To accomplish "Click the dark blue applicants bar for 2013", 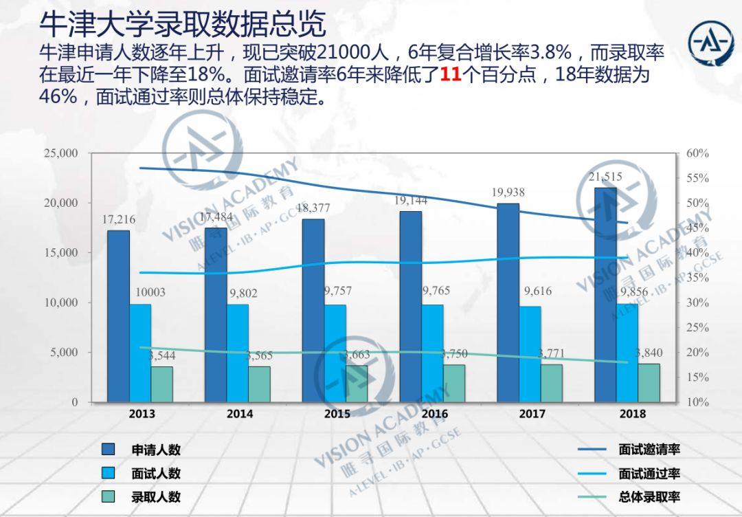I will point(118,316).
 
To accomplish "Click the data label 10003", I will point(150,292).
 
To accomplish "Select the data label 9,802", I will point(243,293).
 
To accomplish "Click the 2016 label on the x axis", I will point(434,414).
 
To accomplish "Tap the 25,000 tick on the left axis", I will point(61,153).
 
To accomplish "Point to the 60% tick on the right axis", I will point(697,153).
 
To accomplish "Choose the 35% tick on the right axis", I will point(697,278).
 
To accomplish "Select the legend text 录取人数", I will point(156,496).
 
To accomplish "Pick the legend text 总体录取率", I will point(649,496).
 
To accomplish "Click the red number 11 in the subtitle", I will point(450,74).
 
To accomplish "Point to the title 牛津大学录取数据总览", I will point(182,25).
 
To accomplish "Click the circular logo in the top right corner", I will point(711,44).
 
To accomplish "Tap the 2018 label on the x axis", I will point(632,414).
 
